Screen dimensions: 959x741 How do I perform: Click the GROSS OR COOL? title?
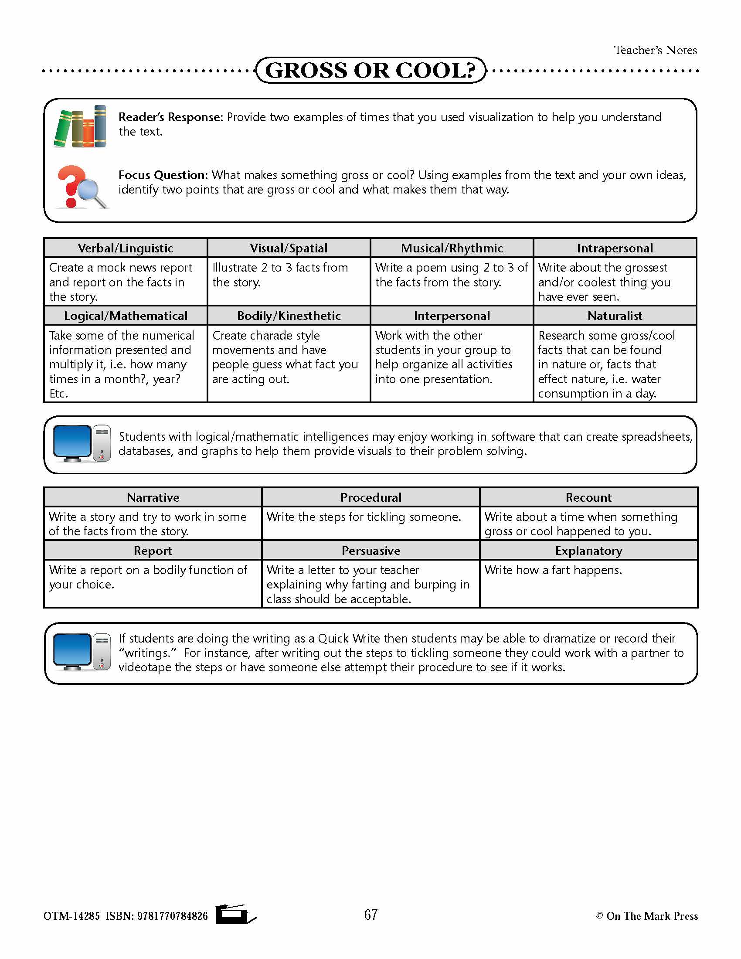[371, 70]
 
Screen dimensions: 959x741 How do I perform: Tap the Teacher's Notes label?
[655, 50]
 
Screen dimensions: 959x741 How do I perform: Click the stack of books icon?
[80, 126]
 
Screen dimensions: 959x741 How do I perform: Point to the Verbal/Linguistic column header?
[126, 248]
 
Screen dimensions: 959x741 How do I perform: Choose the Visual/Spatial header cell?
[289, 248]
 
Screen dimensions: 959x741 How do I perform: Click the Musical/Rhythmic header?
[452, 248]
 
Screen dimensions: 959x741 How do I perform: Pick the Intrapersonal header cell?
[615, 248]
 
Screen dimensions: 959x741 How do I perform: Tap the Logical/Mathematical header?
[126, 316]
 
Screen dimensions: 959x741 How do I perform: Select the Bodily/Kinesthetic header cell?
[289, 316]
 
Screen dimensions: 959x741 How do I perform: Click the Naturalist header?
[615, 316]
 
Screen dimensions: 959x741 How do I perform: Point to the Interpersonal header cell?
[452, 316]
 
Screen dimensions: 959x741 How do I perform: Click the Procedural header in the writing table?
[371, 497]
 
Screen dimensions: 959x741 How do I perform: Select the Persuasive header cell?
[371, 551]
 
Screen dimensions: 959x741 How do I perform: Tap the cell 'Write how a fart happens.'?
[553, 570]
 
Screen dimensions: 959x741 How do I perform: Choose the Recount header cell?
[588, 497]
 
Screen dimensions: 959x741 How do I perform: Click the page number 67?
[371, 915]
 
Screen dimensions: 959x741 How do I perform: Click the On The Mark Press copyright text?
[646, 916]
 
